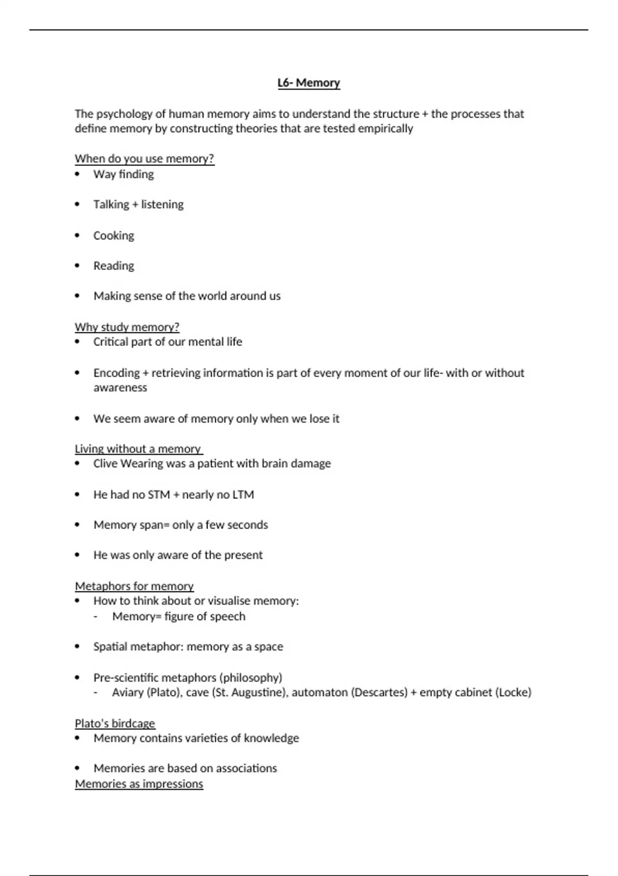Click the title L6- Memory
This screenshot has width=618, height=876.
click(308, 83)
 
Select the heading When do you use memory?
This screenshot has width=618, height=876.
click(144, 159)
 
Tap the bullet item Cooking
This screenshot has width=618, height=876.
click(113, 235)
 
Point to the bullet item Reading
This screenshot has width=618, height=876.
click(113, 266)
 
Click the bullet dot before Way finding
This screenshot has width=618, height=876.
click(77, 174)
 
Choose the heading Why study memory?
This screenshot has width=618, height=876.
click(127, 327)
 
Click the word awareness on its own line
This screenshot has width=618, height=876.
click(120, 388)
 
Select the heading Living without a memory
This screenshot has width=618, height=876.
click(138, 449)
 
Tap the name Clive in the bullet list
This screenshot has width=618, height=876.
click(105, 464)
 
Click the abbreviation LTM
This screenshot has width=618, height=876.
click(243, 495)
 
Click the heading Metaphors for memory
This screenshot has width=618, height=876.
click(134, 586)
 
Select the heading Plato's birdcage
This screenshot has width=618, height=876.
click(115, 723)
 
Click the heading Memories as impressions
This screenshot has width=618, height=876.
click(139, 784)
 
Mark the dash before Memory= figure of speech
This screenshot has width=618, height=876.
click(96, 617)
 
